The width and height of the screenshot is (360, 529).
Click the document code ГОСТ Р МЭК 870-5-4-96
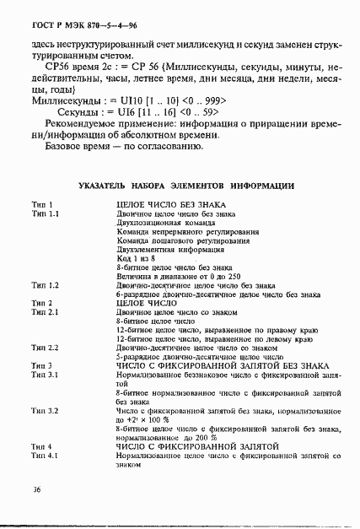[67, 26]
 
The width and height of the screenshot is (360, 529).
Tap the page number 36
[36, 489]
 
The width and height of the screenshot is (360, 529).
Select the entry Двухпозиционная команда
[159, 223]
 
